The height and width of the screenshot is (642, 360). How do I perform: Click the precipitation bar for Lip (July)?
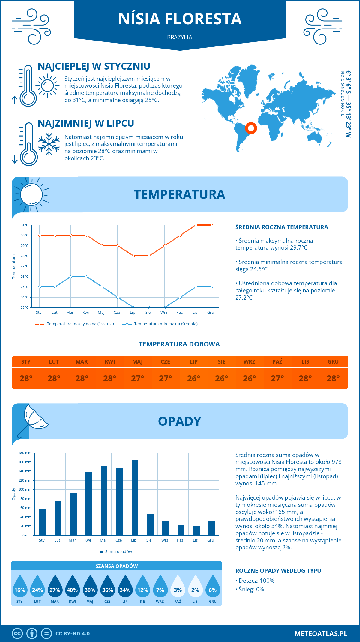135,497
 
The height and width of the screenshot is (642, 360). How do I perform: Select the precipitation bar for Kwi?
89,504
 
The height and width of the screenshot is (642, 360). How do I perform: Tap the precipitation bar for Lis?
196,531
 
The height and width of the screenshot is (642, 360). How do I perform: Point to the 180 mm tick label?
25,453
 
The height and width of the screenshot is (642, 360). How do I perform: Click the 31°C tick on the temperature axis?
25,225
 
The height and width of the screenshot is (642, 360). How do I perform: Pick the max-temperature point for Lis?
196,225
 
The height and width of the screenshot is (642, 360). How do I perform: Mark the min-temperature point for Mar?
71,277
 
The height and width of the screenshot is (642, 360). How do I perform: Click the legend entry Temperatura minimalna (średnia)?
166,324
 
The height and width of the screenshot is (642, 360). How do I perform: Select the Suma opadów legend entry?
118,552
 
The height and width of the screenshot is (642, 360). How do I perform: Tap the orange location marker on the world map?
251,128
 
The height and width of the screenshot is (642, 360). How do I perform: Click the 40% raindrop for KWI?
72,590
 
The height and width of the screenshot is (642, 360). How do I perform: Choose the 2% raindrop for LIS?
195,590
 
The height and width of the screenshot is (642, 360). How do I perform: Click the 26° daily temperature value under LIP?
193,378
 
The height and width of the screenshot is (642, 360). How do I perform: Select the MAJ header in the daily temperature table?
137,362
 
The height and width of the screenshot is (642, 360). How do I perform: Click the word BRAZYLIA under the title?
180,37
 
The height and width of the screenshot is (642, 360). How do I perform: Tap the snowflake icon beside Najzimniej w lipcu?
49,144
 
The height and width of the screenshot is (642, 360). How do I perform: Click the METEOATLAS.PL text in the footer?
321,634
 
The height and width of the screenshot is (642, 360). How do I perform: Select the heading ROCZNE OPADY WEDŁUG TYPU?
278,571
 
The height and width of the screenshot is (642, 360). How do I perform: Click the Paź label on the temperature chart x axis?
179,313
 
